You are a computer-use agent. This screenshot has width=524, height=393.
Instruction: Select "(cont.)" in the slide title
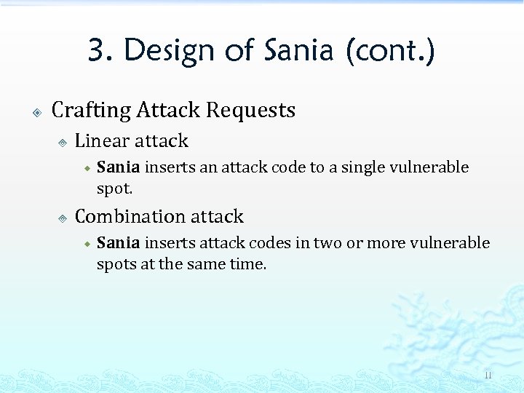click(391, 51)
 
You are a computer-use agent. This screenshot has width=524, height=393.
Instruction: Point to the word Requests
click(250, 110)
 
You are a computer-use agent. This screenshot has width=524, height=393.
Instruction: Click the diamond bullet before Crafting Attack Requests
click(36, 112)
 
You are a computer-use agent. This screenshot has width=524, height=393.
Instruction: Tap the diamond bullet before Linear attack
click(63, 143)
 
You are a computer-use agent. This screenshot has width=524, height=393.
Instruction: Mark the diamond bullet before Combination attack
click(63, 218)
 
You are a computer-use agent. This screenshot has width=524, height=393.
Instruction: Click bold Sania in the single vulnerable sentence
click(118, 167)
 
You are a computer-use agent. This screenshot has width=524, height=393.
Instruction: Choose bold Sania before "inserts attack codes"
click(118, 243)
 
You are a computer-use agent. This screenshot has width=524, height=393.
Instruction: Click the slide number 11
click(488, 376)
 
